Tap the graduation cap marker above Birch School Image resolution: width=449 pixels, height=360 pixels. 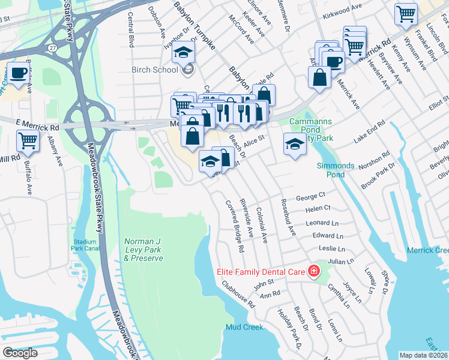pos(184,52)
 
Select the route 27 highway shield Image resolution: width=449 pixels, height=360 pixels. pos(53,47)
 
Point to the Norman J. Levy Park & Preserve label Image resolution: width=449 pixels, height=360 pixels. pos(143,250)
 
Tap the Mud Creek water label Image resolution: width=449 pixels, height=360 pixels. pos(244,327)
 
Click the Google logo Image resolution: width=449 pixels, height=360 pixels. pos(20,353)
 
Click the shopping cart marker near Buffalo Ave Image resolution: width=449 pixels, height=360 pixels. pos(28,140)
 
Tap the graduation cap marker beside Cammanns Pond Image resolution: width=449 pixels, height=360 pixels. pos(294,144)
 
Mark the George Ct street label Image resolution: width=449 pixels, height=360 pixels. pos(310,196)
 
